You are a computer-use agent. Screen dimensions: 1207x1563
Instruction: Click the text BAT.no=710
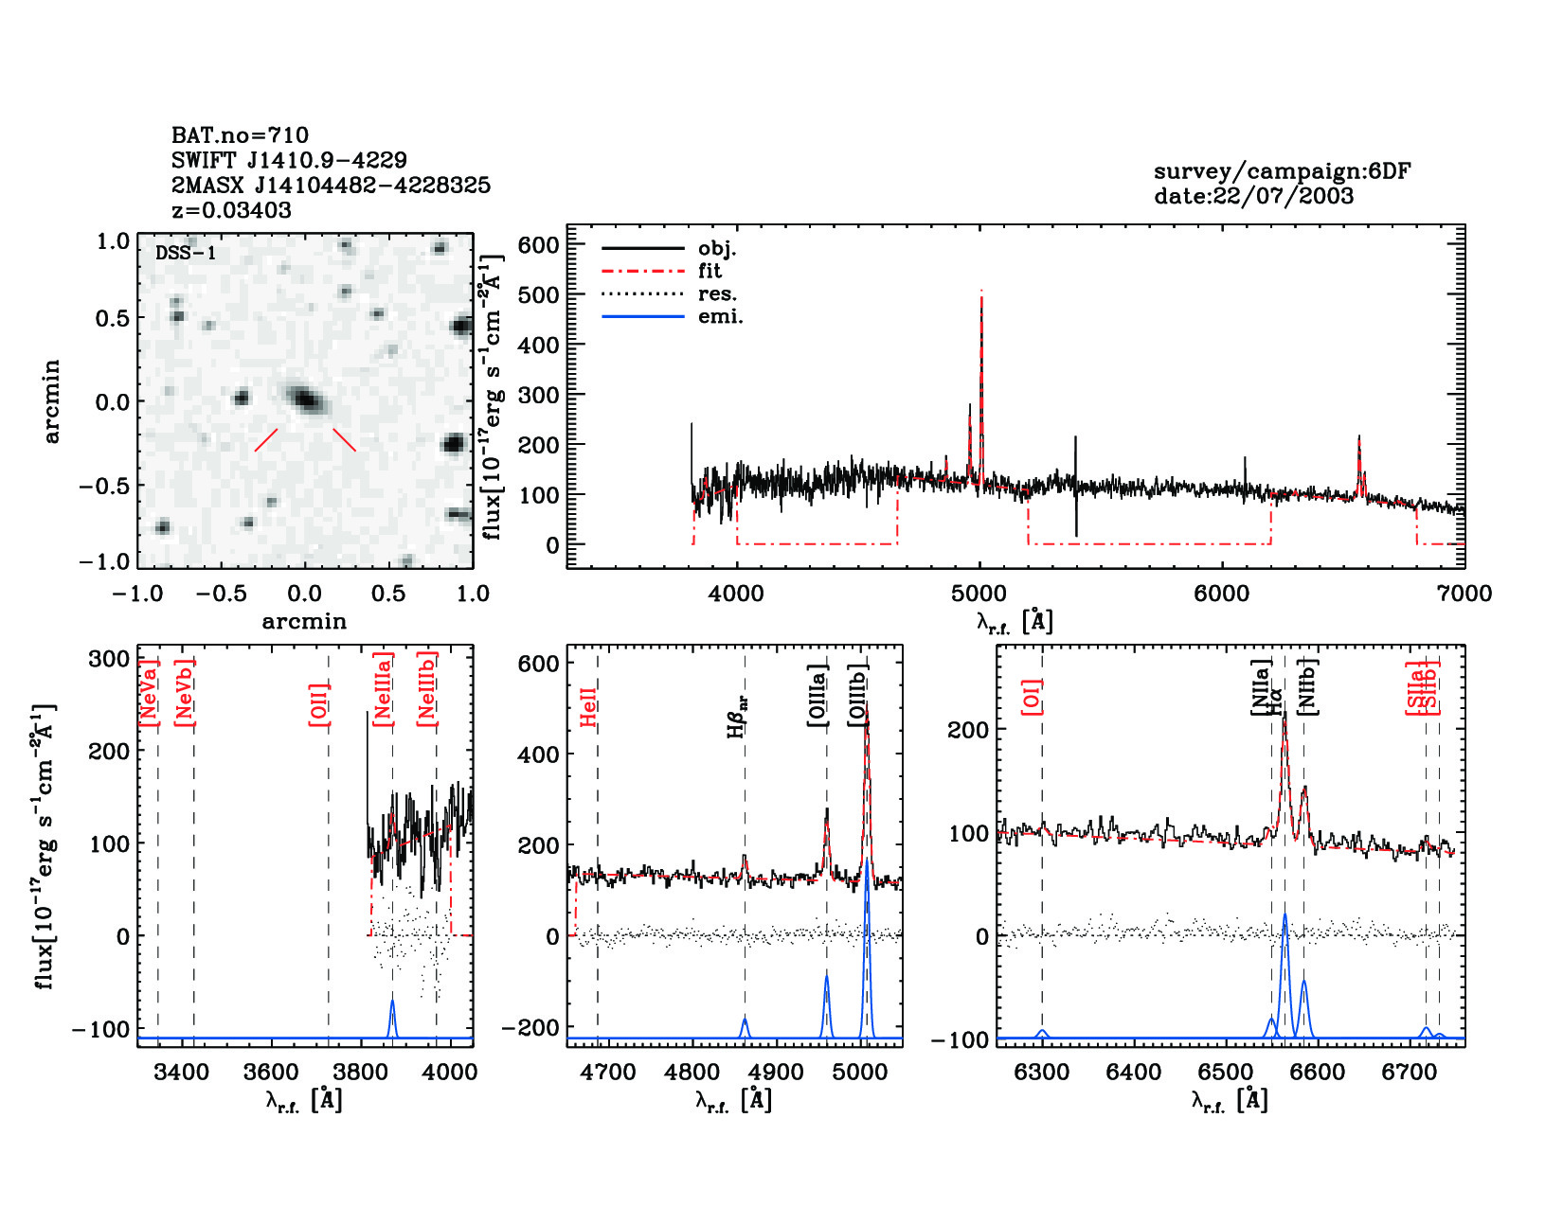click(x=240, y=135)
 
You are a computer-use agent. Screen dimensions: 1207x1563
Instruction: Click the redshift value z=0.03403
click(x=231, y=210)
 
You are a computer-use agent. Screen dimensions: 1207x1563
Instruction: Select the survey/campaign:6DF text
click(x=1282, y=171)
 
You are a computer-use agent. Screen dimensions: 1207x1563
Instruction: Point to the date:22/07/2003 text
click(x=1253, y=196)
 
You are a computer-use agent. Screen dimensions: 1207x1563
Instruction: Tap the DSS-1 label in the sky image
click(x=186, y=253)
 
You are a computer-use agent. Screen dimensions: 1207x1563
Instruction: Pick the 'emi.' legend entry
click(x=720, y=316)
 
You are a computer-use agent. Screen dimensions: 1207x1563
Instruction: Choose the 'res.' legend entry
click(x=717, y=293)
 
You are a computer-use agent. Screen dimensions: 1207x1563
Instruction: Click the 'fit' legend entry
click(x=710, y=271)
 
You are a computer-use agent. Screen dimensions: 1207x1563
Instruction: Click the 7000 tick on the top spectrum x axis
click(x=1464, y=594)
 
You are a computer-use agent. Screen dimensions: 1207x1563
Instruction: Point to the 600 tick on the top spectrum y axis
click(x=538, y=245)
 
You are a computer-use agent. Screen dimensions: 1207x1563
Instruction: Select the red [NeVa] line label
click(x=149, y=693)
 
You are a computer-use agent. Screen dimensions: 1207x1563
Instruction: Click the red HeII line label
click(x=588, y=707)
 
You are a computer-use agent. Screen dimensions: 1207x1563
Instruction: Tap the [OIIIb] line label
click(x=858, y=696)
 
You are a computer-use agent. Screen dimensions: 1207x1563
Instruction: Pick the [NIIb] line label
click(x=1307, y=686)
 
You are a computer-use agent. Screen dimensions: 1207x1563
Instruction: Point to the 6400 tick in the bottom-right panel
click(x=1133, y=1072)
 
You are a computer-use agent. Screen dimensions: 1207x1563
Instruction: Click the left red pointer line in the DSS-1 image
click(x=266, y=440)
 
